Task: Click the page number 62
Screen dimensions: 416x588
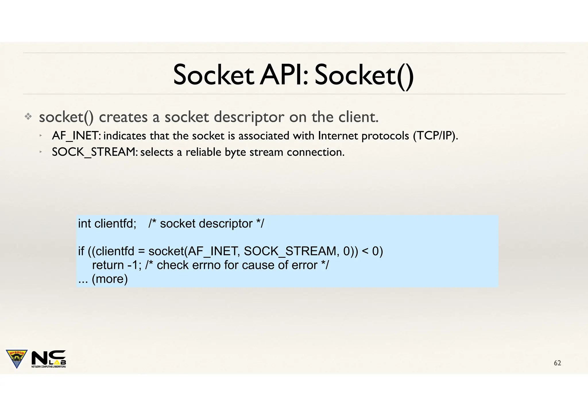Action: click(557, 363)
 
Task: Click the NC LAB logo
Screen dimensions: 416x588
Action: click(49, 359)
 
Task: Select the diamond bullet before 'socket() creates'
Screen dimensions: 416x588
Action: click(28, 117)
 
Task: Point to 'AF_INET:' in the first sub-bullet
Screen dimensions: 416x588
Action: click(76, 136)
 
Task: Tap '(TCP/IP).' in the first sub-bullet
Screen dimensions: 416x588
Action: click(435, 136)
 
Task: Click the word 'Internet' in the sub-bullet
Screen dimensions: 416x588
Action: click(338, 136)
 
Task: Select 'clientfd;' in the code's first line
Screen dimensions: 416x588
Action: click(115, 224)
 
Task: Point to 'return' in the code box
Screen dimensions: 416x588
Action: click(108, 265)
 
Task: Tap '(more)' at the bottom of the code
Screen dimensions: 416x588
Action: click(110, 279)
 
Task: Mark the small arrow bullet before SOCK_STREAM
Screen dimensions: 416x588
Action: click(41, 152)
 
